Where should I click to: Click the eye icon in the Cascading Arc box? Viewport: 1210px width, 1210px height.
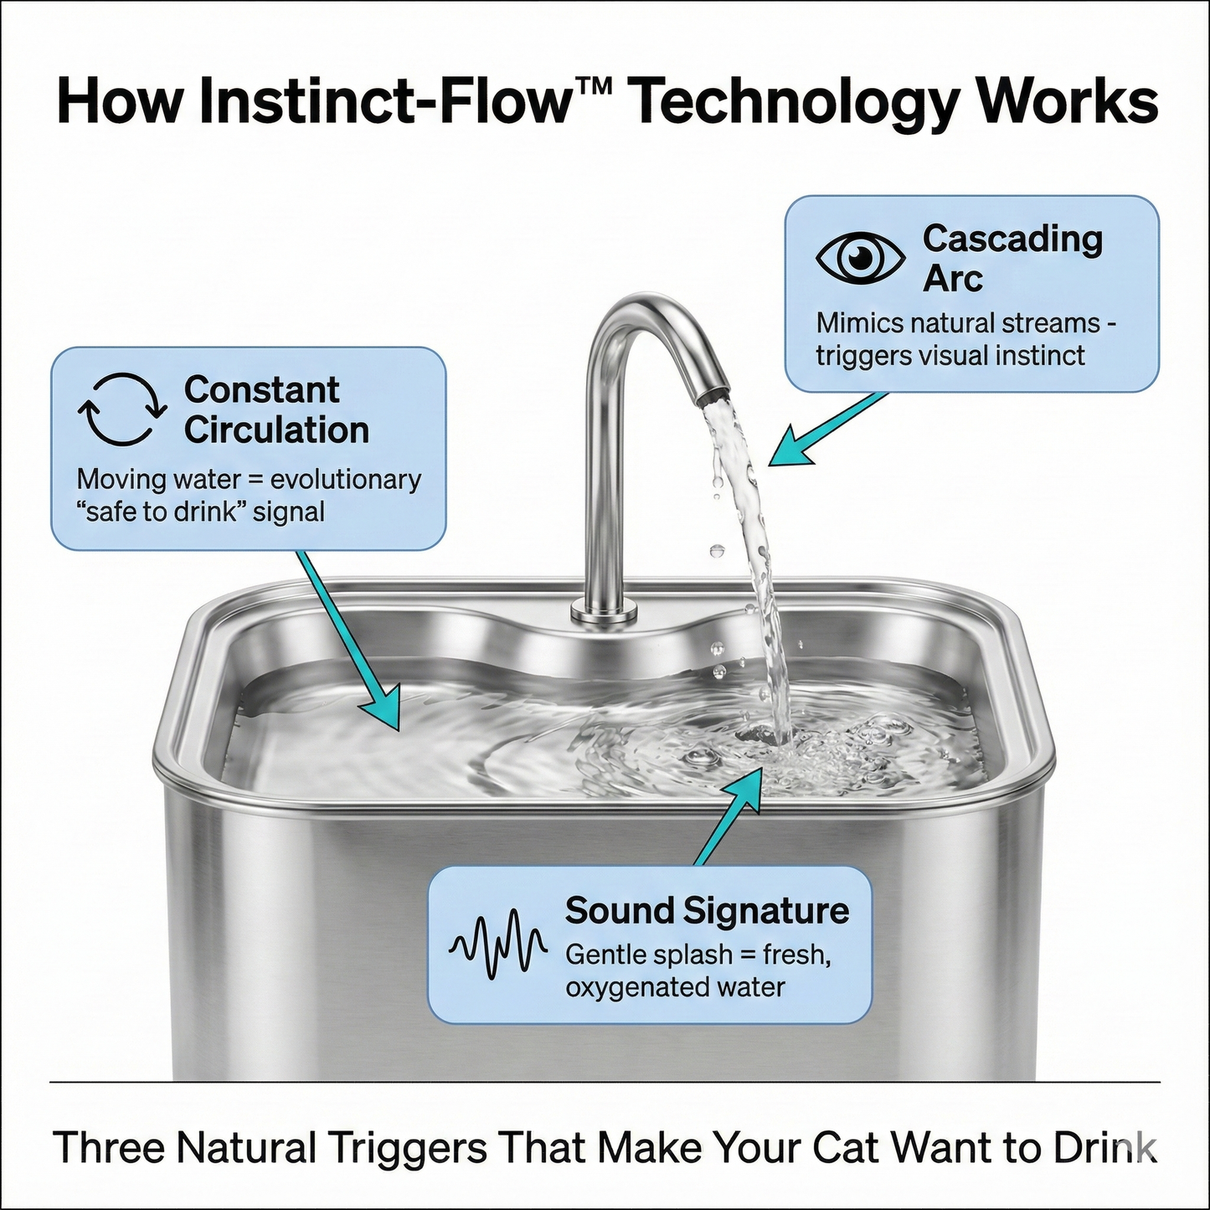(x=860, y=257)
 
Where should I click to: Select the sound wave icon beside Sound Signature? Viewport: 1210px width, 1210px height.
(x=498, y=946)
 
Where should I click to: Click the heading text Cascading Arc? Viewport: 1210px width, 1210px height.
(x=1012, y=258)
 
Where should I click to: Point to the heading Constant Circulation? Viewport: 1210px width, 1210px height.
(x=276, y=409)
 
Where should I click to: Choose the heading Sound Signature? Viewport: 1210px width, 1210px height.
(x=707, y=910)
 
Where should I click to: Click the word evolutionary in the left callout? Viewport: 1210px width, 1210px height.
(x=345, y=480)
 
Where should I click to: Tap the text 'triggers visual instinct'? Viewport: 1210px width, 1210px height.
(x=950, y=356)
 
